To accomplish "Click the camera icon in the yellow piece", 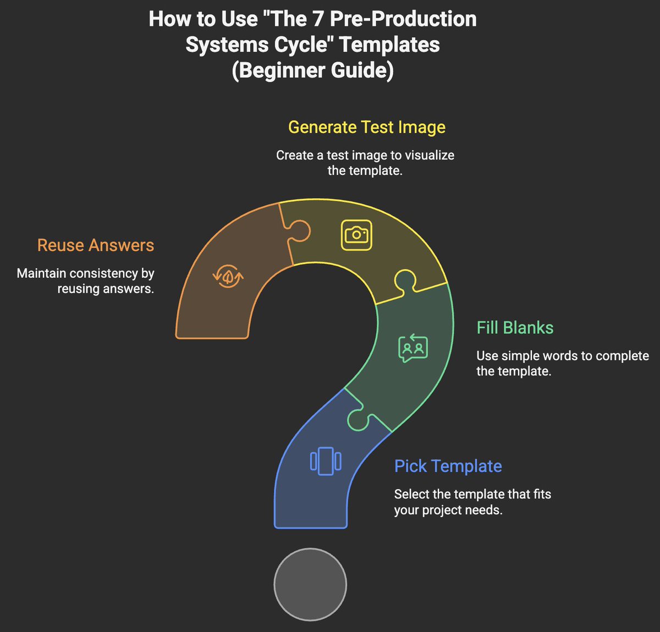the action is pyautogui.click(x=356, y=235).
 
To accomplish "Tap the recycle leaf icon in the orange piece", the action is pyautogui.click(x=228, y=276).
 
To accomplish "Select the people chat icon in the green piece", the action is pyautogui.click(x=413, y=348).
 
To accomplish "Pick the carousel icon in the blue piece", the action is pyautogui.click(x=326, y=461).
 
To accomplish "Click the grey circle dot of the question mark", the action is pyautogui.click(x=310, y=584).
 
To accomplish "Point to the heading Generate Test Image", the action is pyautogui.click(x=367, y=127).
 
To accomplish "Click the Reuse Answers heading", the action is pyautogui.click(x=96, y=245).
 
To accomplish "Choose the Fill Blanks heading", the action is pyautogui.click(x=515, y=328).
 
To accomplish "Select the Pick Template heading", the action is pyautogui.click(x=448, y=466).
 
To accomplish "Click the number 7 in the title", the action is pyautogui.click(x=320, y=19).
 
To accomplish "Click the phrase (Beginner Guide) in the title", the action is pyautogui.click(x=312, y=70).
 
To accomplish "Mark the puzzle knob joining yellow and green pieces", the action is pyautogui.click(x=404, y=281).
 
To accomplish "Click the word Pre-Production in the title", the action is pyautogui.click(x=403, y=19).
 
